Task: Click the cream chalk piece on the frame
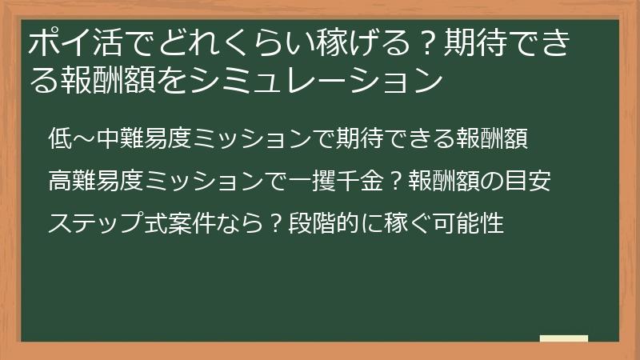coord(563,338)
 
